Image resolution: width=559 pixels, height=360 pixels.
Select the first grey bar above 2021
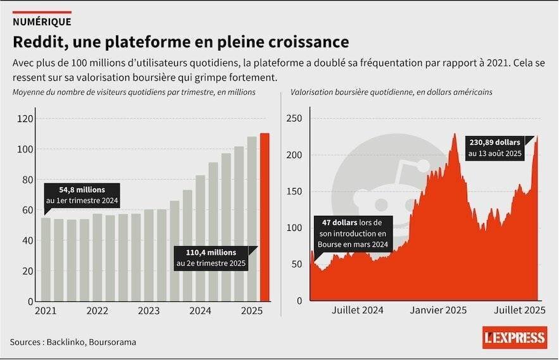46,259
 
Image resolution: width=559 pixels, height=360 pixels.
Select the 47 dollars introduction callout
353,233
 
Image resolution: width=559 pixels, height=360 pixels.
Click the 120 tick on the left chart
25,119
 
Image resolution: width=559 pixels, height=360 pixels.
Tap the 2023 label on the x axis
148,311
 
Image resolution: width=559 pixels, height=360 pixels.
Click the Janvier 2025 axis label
438,310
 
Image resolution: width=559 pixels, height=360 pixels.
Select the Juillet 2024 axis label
357,310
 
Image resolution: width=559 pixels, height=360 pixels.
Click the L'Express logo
514,337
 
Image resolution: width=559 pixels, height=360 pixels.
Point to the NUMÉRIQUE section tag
42,22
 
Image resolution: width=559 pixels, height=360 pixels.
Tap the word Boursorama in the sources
113,342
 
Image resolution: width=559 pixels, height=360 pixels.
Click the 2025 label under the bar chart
251,311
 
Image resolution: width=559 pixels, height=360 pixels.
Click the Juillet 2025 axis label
518,310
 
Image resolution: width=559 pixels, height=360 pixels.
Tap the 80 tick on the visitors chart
27,180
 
